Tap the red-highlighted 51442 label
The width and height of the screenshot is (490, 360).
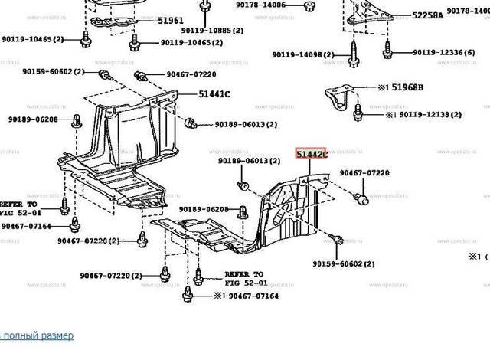[x=311, y=155]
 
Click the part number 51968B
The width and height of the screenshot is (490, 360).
[x=407, y=88]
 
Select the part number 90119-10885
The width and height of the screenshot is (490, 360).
[x=206, y=31]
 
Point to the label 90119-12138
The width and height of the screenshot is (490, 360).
[x=428, y=114]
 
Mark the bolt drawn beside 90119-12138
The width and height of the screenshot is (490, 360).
[x=358, y=114]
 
